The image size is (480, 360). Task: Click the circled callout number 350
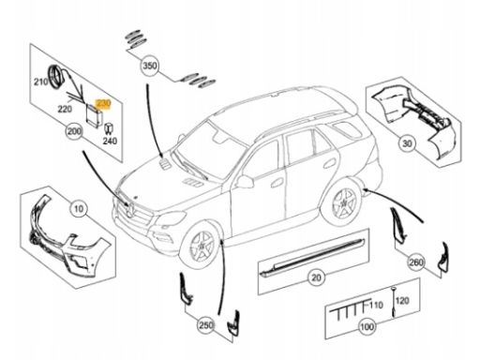click(x=150, y=66)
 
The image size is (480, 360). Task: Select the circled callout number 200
click(x=74, y=131)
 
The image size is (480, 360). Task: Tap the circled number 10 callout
click(x=79, y=208)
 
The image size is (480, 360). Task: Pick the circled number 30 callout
click(x=407, y=143)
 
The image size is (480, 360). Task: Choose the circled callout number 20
click(x=316, y=277)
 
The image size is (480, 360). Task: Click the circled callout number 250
click(x=206, y=325)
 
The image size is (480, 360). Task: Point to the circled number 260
click(x=416, y=262)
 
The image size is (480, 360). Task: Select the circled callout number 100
click(x=367, y=327)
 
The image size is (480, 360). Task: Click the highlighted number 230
click(x=103, y=103)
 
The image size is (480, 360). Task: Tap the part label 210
click(x=41, y=82)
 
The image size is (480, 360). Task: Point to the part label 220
click(x=65, y=109)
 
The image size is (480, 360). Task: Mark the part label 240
click(x=110, y=142)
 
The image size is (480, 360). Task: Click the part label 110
click(x=376, y=305)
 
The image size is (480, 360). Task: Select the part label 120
click(x=402, y=301)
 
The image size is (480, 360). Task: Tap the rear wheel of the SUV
click(x=344, y=202)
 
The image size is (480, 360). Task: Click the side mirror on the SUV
click(x=245, y=182)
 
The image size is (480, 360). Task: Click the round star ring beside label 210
click(x=56, y=77)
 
